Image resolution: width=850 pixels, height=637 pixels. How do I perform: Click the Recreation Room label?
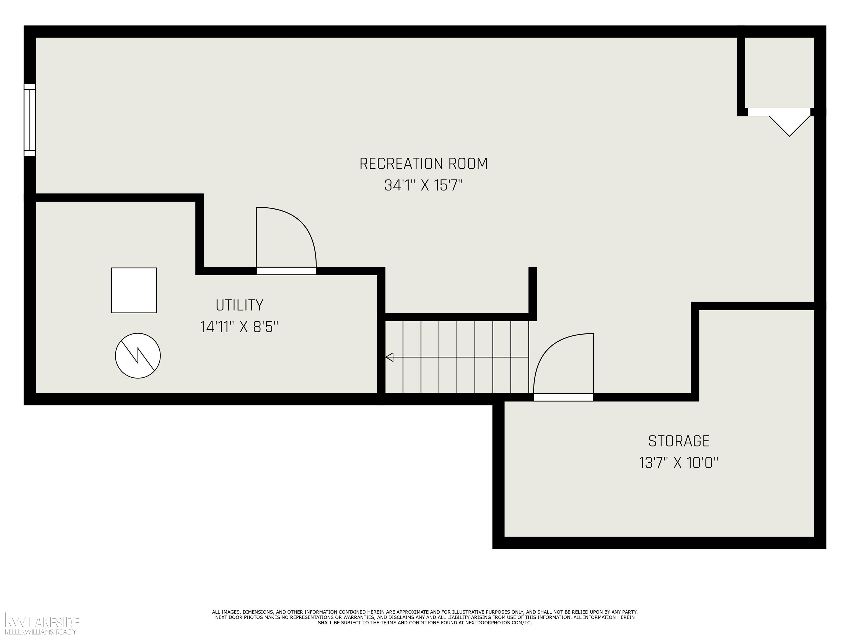pos(423,164)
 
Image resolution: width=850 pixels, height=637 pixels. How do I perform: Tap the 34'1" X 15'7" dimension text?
pos(423,186)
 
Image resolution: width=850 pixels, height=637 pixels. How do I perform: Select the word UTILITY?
pos(239,306)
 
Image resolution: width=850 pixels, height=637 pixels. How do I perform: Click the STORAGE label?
pos(679,441)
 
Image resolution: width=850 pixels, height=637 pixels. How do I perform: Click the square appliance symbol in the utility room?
pos(134,290)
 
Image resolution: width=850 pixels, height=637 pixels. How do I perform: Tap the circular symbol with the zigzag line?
pos(138,356)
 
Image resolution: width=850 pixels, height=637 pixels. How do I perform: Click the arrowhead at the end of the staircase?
pos(389,357)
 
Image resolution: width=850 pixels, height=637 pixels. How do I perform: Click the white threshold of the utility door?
pos(286,271)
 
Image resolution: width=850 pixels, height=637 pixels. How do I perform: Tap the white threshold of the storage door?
pos(563,397)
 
